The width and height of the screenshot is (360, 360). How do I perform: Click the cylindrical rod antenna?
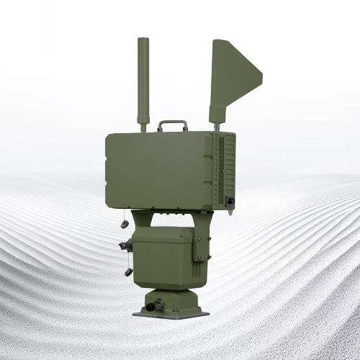(142, 79)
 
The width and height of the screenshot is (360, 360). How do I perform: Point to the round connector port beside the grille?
(230, 201)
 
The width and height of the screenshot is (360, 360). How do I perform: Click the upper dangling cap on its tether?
(125, 225)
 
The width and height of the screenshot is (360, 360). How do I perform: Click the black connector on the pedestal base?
(150, 307)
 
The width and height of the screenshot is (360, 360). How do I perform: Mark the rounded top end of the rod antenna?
(142, 41)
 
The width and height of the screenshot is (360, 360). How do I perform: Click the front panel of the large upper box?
(158, 168)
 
